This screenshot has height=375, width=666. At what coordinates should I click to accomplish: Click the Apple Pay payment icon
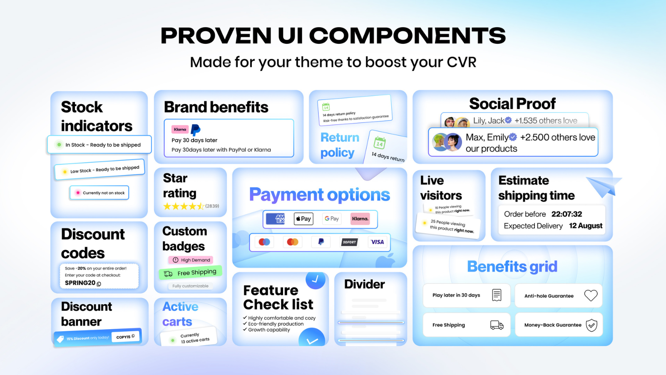point(303,219)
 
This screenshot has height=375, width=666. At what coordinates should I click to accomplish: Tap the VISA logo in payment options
point(377,242)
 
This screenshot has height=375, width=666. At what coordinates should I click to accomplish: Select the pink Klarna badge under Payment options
point(360,219)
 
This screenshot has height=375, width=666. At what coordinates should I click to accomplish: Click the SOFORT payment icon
point(349,242)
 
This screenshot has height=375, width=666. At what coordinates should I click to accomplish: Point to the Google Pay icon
point(332,219)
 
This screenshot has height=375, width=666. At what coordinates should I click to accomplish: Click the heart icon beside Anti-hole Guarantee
point(591,295)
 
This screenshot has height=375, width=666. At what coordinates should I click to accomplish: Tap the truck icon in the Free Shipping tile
point(497,325)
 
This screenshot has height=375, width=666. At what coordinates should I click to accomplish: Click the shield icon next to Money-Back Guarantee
point(591,325)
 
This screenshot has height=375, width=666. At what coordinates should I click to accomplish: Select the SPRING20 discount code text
point(80,283)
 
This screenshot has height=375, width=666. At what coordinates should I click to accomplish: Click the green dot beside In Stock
point(59,145)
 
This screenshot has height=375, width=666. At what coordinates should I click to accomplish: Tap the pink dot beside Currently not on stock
point(78,193)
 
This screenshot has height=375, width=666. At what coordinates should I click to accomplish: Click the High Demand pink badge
point(191,260)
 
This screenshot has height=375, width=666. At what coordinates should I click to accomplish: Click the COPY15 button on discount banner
point(125,337)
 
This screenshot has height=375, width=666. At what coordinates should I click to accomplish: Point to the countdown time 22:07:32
point(567,214)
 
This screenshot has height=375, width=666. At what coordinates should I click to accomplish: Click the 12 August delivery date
point(586,226)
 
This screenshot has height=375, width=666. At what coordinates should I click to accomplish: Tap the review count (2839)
point(212,206)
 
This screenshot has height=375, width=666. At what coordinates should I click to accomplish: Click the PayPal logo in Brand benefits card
point(196,130)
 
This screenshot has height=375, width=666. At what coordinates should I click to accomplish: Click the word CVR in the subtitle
point(461,62)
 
